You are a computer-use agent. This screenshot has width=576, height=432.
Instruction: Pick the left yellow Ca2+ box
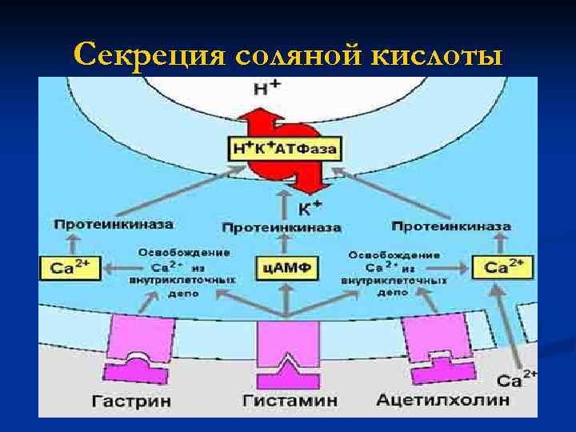point(70,267)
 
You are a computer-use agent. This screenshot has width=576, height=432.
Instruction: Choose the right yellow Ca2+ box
point(502,266)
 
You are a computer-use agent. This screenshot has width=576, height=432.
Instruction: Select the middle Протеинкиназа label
point(281,228)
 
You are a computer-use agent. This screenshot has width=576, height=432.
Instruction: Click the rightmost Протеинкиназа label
point(452,226)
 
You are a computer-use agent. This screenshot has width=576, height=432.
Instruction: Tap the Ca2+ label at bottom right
point(515,379)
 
